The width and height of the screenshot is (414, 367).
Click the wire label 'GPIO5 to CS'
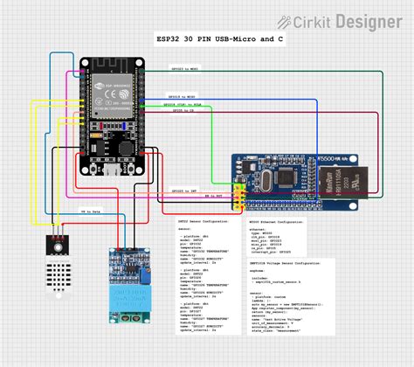pyautogui.click(x=183, y=111)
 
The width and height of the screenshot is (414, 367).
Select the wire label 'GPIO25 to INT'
pyautogui.click(x=183, y=190)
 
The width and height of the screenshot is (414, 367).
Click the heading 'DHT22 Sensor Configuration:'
pyautogui.click(x=203, y=223)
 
